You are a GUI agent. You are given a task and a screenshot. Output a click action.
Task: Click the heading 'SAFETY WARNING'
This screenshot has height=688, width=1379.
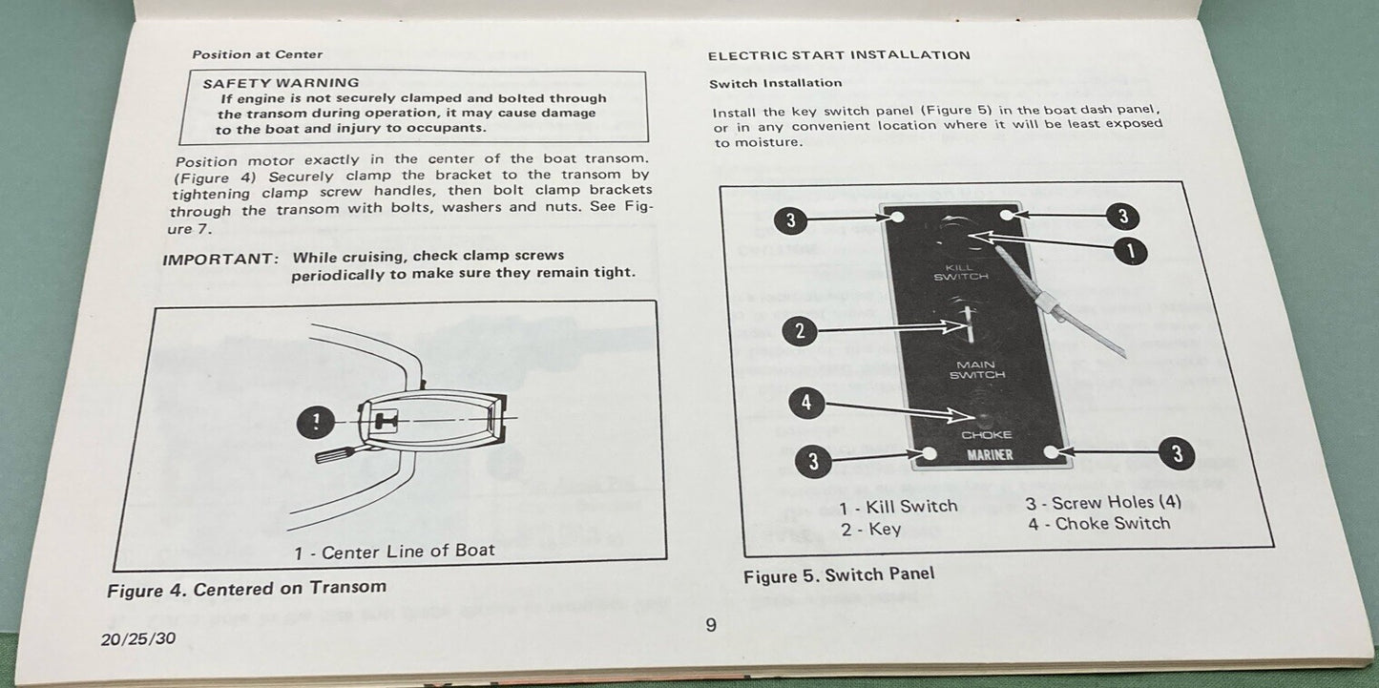[x=281, y=83]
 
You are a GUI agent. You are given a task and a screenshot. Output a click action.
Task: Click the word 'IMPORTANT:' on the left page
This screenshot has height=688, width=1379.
[x=219, y=258]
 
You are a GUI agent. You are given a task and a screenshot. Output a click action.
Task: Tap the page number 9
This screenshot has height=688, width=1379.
[x=710, y=625]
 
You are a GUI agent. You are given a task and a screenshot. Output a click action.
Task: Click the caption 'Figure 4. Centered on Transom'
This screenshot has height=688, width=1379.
[x=246, y=589]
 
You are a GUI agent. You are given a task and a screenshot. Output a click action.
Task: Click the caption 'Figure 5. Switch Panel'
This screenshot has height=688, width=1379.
[x=839, y=574]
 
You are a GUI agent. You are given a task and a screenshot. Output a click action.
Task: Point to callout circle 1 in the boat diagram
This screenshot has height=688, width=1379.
[x=315, y=421]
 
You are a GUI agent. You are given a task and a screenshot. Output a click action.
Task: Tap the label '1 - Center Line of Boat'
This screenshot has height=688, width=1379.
[x=394, y=551]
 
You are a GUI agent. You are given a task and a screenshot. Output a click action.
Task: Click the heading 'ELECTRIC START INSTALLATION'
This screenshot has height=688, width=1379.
[x=839, y=55]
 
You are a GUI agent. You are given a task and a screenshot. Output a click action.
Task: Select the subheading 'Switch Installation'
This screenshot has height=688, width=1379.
[x=776, y=84]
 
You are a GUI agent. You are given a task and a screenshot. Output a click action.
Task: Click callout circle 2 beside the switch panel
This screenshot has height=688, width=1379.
[x=800, y=331]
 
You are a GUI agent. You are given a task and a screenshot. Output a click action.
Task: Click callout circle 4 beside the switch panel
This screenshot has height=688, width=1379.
[x=806, y=403]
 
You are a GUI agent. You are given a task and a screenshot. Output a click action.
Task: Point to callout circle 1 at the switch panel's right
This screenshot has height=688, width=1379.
[x=1130, y=252]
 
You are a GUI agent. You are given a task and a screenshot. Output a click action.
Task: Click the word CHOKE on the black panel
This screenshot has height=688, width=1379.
[x=986, y=435]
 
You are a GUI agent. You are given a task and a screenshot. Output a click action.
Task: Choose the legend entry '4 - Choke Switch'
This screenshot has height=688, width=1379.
[x=1098, y=523]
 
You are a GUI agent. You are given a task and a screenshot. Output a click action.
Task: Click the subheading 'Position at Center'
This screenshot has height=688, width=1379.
[x=258, y=54]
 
